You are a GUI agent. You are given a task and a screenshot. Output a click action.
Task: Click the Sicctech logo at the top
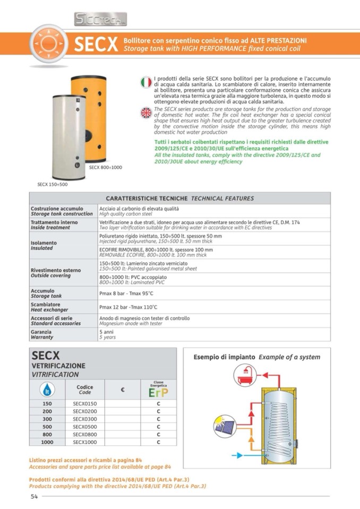tap(100, 20)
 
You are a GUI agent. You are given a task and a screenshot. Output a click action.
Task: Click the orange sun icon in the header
tap(48, 44)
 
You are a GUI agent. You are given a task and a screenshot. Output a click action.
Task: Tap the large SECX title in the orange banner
tap(96, 45)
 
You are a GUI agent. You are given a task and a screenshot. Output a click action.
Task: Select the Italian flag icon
tap(146, 82)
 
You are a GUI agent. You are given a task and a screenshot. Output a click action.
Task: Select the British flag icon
tap(146, 113)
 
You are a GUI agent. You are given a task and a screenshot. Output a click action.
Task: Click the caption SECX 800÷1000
tap(106, 167)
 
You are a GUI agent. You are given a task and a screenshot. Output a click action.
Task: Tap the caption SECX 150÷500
tap(53, 184)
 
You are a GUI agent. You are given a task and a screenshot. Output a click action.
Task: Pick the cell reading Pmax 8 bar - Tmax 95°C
tap(126, 293)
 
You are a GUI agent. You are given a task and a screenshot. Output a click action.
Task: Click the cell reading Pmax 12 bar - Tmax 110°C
tap(128, 307)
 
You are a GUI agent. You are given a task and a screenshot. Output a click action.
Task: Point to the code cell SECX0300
tap(84, 419)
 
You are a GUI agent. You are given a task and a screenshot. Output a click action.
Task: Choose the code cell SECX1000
tap(84, 441)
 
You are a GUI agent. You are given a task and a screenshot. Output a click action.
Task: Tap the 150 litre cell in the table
tap(47, 404)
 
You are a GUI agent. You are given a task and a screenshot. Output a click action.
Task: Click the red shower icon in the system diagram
tap(245, 375)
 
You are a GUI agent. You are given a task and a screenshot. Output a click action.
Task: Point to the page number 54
tap(34, 496)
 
